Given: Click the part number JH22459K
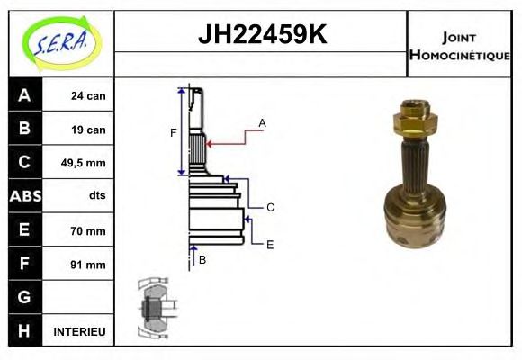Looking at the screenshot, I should (x=261, y=36).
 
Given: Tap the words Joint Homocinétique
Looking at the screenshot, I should (x=459, y=45).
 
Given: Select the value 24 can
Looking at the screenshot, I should (x=88, y=95).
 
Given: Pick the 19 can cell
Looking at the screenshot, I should (x=88, y=130).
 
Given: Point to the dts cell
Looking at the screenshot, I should (x=97, y=195).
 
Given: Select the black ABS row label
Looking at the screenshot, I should (x=23, y=196).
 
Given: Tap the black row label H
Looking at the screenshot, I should (x=23, y=331).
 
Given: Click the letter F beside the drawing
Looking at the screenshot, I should (x=173, y=133).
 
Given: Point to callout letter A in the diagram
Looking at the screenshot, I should (x=262, y=122).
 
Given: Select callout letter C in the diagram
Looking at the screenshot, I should (x=269, y=208).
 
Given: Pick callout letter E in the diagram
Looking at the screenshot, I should (x=269, y=244).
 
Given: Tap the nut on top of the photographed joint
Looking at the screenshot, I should (x=415, y=117).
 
